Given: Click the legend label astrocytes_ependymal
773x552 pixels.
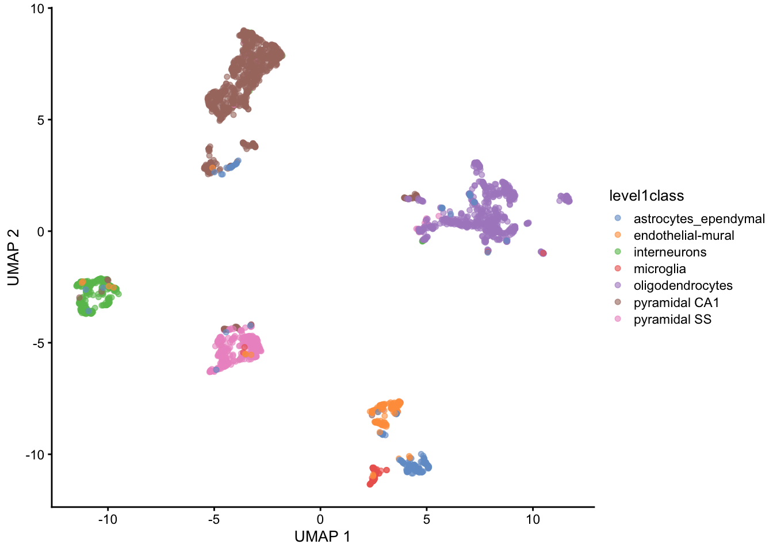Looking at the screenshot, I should coord(699,218).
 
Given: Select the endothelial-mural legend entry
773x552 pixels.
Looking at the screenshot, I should coord(683,235).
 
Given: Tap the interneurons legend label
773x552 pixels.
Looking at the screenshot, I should coord(669,252).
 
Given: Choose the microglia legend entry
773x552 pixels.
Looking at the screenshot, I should coord(659,269).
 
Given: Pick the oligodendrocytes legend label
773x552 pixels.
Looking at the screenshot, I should coord(683,285).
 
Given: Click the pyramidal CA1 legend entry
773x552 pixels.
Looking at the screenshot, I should coord(676,302).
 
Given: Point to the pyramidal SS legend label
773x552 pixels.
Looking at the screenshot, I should coord(672,319).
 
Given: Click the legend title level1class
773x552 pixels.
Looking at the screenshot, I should coord(646,196).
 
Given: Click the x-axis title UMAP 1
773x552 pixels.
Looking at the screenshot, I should coord(322,536).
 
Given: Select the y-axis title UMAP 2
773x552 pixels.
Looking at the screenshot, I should coord(13,257).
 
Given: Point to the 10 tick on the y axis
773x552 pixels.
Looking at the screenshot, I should coord(37,9).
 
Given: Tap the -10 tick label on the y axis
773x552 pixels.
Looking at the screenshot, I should coord(35,455).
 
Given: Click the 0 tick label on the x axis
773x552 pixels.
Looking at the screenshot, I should coord(320,519).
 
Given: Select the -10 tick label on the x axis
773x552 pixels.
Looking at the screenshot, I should coord(108,519).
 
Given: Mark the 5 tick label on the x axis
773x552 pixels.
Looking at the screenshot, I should coord(426,519).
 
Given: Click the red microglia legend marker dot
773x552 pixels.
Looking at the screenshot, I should coord(618,269).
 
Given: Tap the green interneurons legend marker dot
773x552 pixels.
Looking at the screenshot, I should coord(618,252).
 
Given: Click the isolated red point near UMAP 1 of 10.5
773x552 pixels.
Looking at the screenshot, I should coord(543,253).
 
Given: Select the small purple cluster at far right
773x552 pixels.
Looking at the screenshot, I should coord(565,198).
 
